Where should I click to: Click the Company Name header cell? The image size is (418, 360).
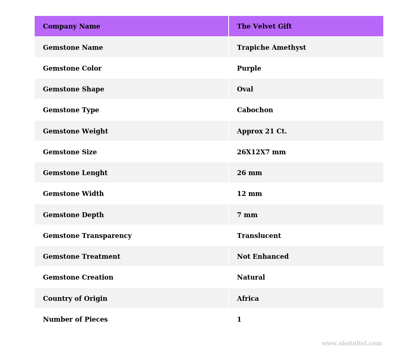[x=71, y=27]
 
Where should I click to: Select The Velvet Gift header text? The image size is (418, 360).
[x=264, y=27]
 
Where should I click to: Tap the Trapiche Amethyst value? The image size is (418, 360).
[x=271, y=48]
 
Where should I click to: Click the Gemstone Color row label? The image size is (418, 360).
[x=72, y=69]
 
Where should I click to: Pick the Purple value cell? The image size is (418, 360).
[x=249, y=69]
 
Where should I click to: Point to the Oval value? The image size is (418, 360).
[x=245, y=89]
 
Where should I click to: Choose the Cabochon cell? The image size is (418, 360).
[x=255, y=110]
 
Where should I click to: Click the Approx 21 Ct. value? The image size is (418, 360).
[x=262, y=131]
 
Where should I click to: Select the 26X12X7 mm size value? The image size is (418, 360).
[x=261, y=152]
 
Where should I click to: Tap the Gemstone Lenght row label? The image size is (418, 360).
[x=75, y=173]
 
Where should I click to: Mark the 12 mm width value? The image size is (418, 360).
[x=249, y=194]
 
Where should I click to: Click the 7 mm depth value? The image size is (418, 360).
[x=247, y=215]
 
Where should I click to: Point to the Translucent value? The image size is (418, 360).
[x=259, y=236]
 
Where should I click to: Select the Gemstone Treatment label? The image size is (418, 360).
[x=82, y=257]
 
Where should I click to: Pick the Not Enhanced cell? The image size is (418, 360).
[x=262, y=257]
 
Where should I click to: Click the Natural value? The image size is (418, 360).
[x=251, y=278]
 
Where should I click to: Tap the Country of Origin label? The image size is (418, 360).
[x=75, y=299]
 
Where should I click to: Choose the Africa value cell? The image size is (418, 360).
[x=248, y=299]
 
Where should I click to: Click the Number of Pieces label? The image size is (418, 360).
[x=75, y=320]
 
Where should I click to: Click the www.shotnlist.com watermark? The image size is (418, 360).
[x=351, y=344]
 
